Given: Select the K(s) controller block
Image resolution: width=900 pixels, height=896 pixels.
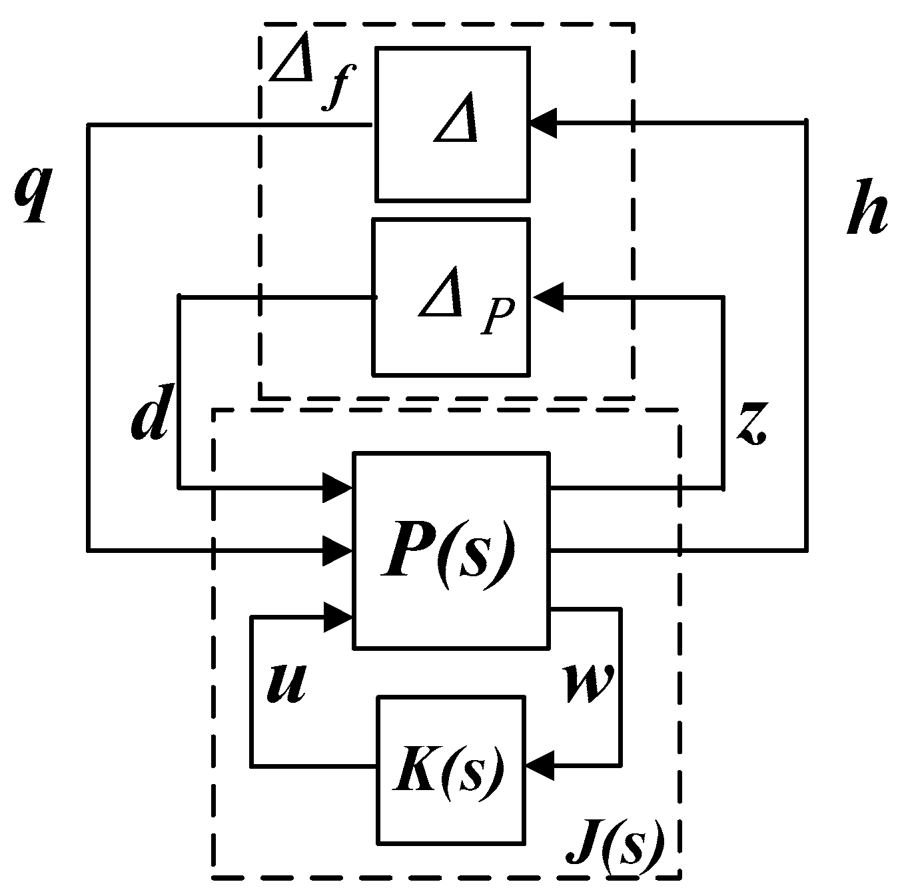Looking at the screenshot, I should pos(450,769).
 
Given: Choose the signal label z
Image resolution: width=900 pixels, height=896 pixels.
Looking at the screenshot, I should pos(753,427).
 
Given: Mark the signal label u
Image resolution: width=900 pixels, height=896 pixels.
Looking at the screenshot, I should pos(286,683).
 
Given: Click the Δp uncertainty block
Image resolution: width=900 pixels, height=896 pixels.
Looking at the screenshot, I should pos(451,297).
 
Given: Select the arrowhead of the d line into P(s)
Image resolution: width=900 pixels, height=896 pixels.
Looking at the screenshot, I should pos(339,488).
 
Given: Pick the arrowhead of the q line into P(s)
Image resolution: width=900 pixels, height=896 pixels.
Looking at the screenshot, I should pos(339,550).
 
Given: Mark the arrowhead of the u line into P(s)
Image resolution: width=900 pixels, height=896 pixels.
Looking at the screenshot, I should pos(339,617).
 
